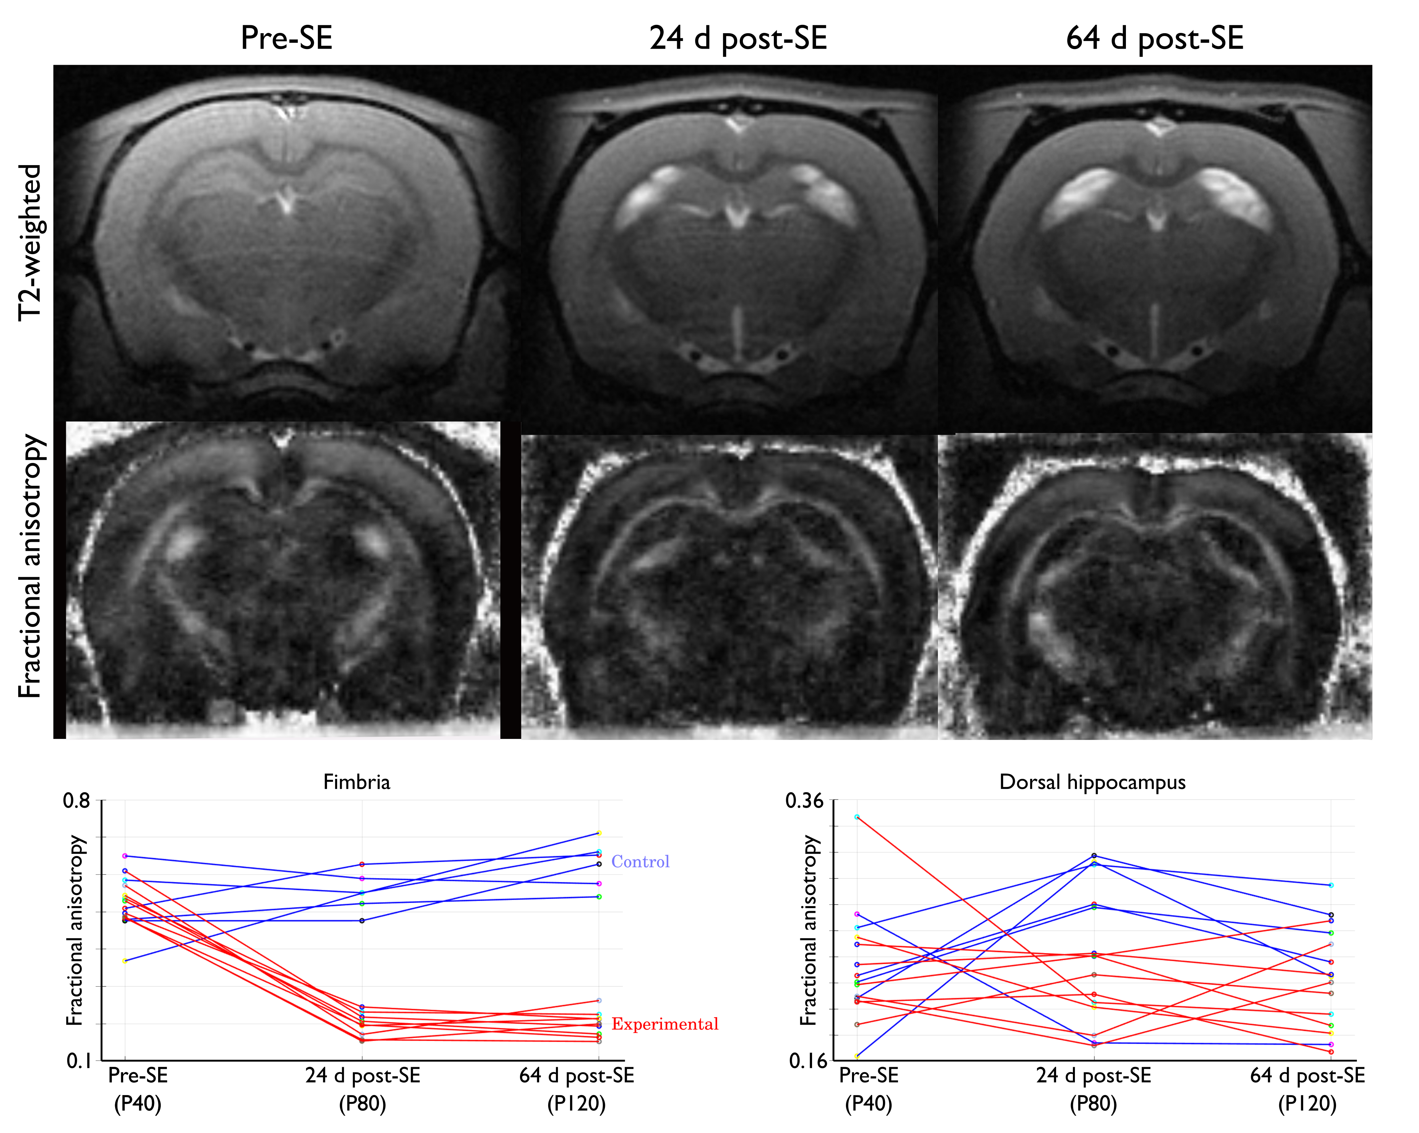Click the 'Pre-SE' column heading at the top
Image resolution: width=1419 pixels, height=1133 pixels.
pos(286,38)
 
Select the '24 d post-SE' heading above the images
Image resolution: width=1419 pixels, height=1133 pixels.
pos(738,38)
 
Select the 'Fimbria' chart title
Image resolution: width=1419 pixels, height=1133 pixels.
pos(357,782)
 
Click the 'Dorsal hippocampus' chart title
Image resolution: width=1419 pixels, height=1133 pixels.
pos(1093,782)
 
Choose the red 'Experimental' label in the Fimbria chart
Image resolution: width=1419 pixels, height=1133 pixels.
pos(665,1024)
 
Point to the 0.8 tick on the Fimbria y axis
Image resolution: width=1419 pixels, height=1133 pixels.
pos(76,801)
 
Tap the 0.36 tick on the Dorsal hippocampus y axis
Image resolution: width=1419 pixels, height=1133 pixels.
pos(804,801)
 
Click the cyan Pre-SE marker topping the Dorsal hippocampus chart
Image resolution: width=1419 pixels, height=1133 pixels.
pos(857,817)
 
